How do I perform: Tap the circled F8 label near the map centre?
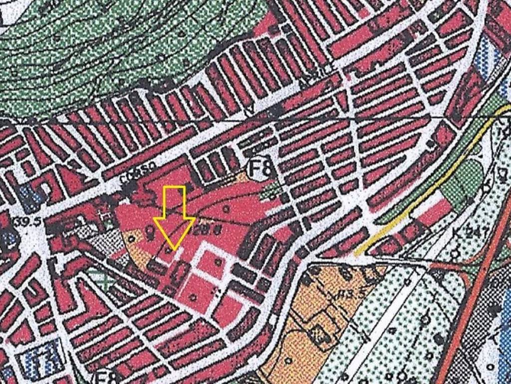point(261,168)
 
